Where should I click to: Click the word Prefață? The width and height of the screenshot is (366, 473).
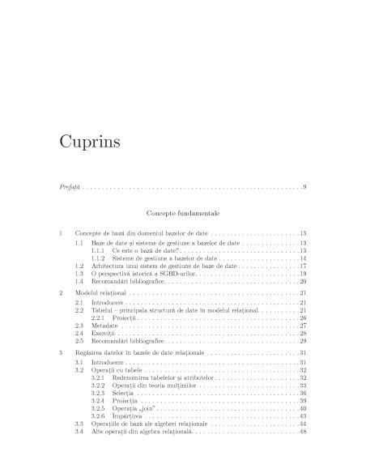[x=70, y=188]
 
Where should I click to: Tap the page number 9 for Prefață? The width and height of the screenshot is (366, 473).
[x=304, y=188]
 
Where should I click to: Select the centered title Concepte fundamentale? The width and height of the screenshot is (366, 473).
[x=183, y=213]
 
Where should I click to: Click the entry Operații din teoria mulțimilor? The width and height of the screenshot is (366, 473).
[x=154, y=386]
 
